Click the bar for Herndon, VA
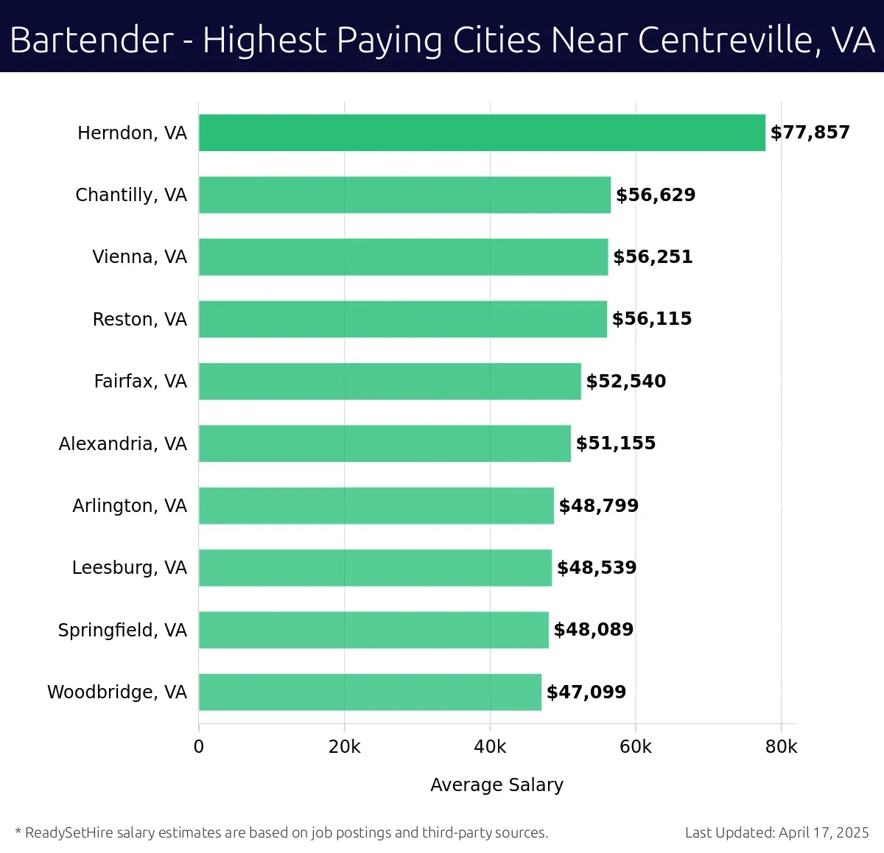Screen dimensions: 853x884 tap(482, 133)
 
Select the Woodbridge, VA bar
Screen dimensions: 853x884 tap(370, 692)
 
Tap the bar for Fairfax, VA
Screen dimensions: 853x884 tap(390, 381)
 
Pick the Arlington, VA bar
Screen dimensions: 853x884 tap(376, 505)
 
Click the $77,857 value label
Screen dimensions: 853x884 tap(810, 133)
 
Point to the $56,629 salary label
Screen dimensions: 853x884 tap(656, 194)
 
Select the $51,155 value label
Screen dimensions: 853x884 tap(616, 443)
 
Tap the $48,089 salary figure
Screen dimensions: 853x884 tap(594, 630)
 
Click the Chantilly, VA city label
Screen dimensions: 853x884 tap(131, 195)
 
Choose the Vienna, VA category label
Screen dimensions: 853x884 tap(139, 257)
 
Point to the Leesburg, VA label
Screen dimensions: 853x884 tap(130, 568)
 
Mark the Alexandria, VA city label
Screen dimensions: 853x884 tap(123, 443)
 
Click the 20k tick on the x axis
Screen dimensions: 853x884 tap(345, 747)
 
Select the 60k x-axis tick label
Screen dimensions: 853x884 tap(636, 747)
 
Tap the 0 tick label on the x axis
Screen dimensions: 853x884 tap(199, 747)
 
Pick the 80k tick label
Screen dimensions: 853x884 tap(781, 747)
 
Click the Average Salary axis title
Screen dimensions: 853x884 tap(497, 785)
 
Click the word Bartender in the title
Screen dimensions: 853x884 tap(92, 41)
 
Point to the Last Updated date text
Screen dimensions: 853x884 tap(776, 832)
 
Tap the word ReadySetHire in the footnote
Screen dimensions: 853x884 tap(69, 832)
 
